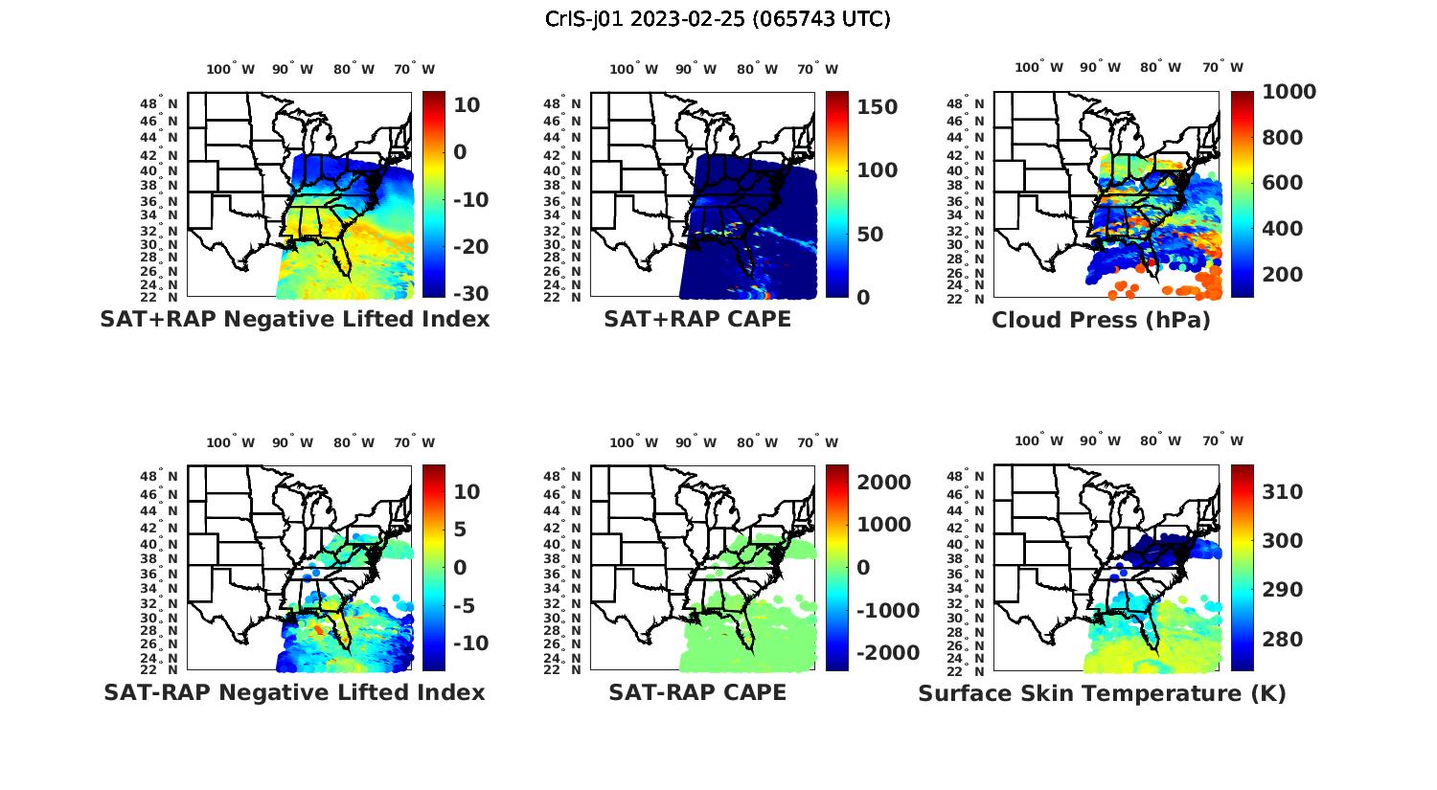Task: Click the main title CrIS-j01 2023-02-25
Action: click(x=718, y=19)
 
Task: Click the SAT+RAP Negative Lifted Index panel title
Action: click(x=294, y=319)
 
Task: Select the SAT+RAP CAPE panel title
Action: click(x=697, y=319)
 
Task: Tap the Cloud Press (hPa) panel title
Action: click(x=1101, y=320)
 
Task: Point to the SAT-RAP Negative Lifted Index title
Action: click(x=294, y=692)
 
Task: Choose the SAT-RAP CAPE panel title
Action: click(x=697, y=692)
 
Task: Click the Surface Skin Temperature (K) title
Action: click(x=1102, y=693)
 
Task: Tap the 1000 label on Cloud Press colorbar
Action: click(x=1289, y=92)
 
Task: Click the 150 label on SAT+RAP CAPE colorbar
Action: click(x=877, y=107)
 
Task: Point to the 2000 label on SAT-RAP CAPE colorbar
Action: click(x=883, y=483)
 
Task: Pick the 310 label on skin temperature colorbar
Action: click(x=1283, y=492)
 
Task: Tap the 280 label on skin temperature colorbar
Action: click(x=1283, y=640)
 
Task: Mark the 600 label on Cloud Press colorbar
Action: click(x=1283, y=183)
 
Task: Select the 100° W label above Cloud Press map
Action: click(x=1038, y=68)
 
